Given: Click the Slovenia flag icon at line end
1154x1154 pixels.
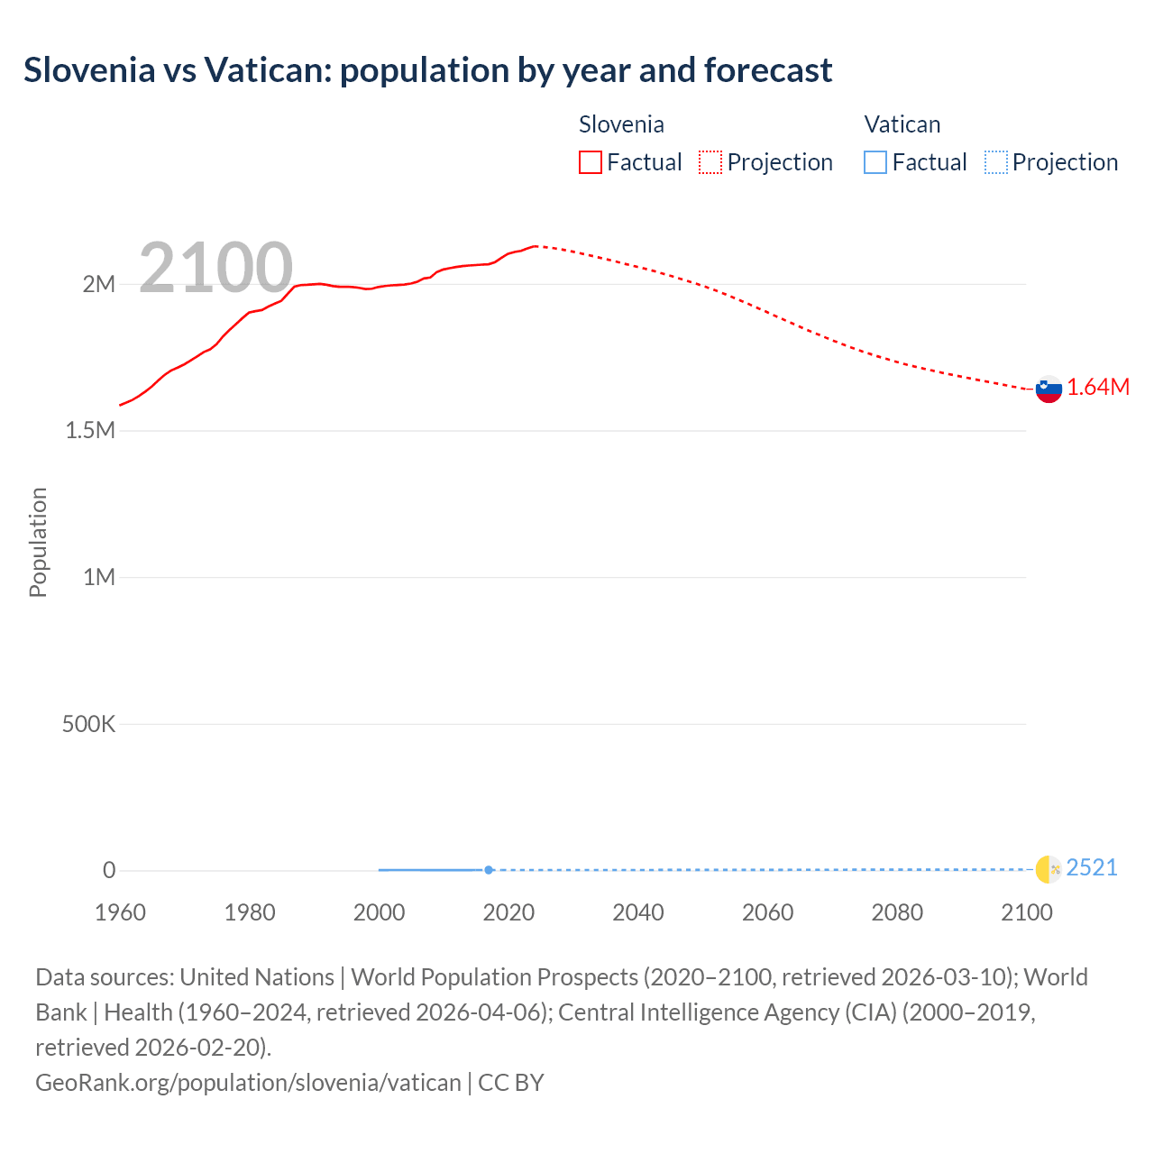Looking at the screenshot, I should (1049, 389).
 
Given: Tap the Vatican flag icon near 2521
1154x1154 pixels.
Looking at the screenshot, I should (1049, 869).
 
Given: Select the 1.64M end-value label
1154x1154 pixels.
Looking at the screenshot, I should (1098, 387).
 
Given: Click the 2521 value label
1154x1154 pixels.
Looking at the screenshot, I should (1092, 867).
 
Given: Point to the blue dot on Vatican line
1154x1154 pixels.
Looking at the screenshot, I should (489, 870).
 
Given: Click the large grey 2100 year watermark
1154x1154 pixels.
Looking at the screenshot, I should (215, 268).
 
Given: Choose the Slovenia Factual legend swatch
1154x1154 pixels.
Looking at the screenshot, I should (590, 162).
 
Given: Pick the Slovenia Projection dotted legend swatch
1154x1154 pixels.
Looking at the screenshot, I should (710, 162).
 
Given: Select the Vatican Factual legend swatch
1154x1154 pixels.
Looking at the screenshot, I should (875, 162).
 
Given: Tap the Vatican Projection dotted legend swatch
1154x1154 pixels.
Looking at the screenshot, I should (995, 162).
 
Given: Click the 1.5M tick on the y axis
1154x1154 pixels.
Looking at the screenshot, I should (90, 430).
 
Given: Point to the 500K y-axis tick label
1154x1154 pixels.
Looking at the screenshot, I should (88, 724).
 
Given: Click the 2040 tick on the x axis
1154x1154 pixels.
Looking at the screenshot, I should (638, 912).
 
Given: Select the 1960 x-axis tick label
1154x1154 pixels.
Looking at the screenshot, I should (120, 912).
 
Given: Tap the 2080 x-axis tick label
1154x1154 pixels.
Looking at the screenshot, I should (897, 912).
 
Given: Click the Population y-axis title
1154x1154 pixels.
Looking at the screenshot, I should (38, 542).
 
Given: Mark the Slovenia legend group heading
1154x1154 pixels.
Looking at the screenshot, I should (621, 124).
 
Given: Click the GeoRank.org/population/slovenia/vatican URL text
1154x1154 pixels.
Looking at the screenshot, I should (248, 1082).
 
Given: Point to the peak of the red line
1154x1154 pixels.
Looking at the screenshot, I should (536, 245).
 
